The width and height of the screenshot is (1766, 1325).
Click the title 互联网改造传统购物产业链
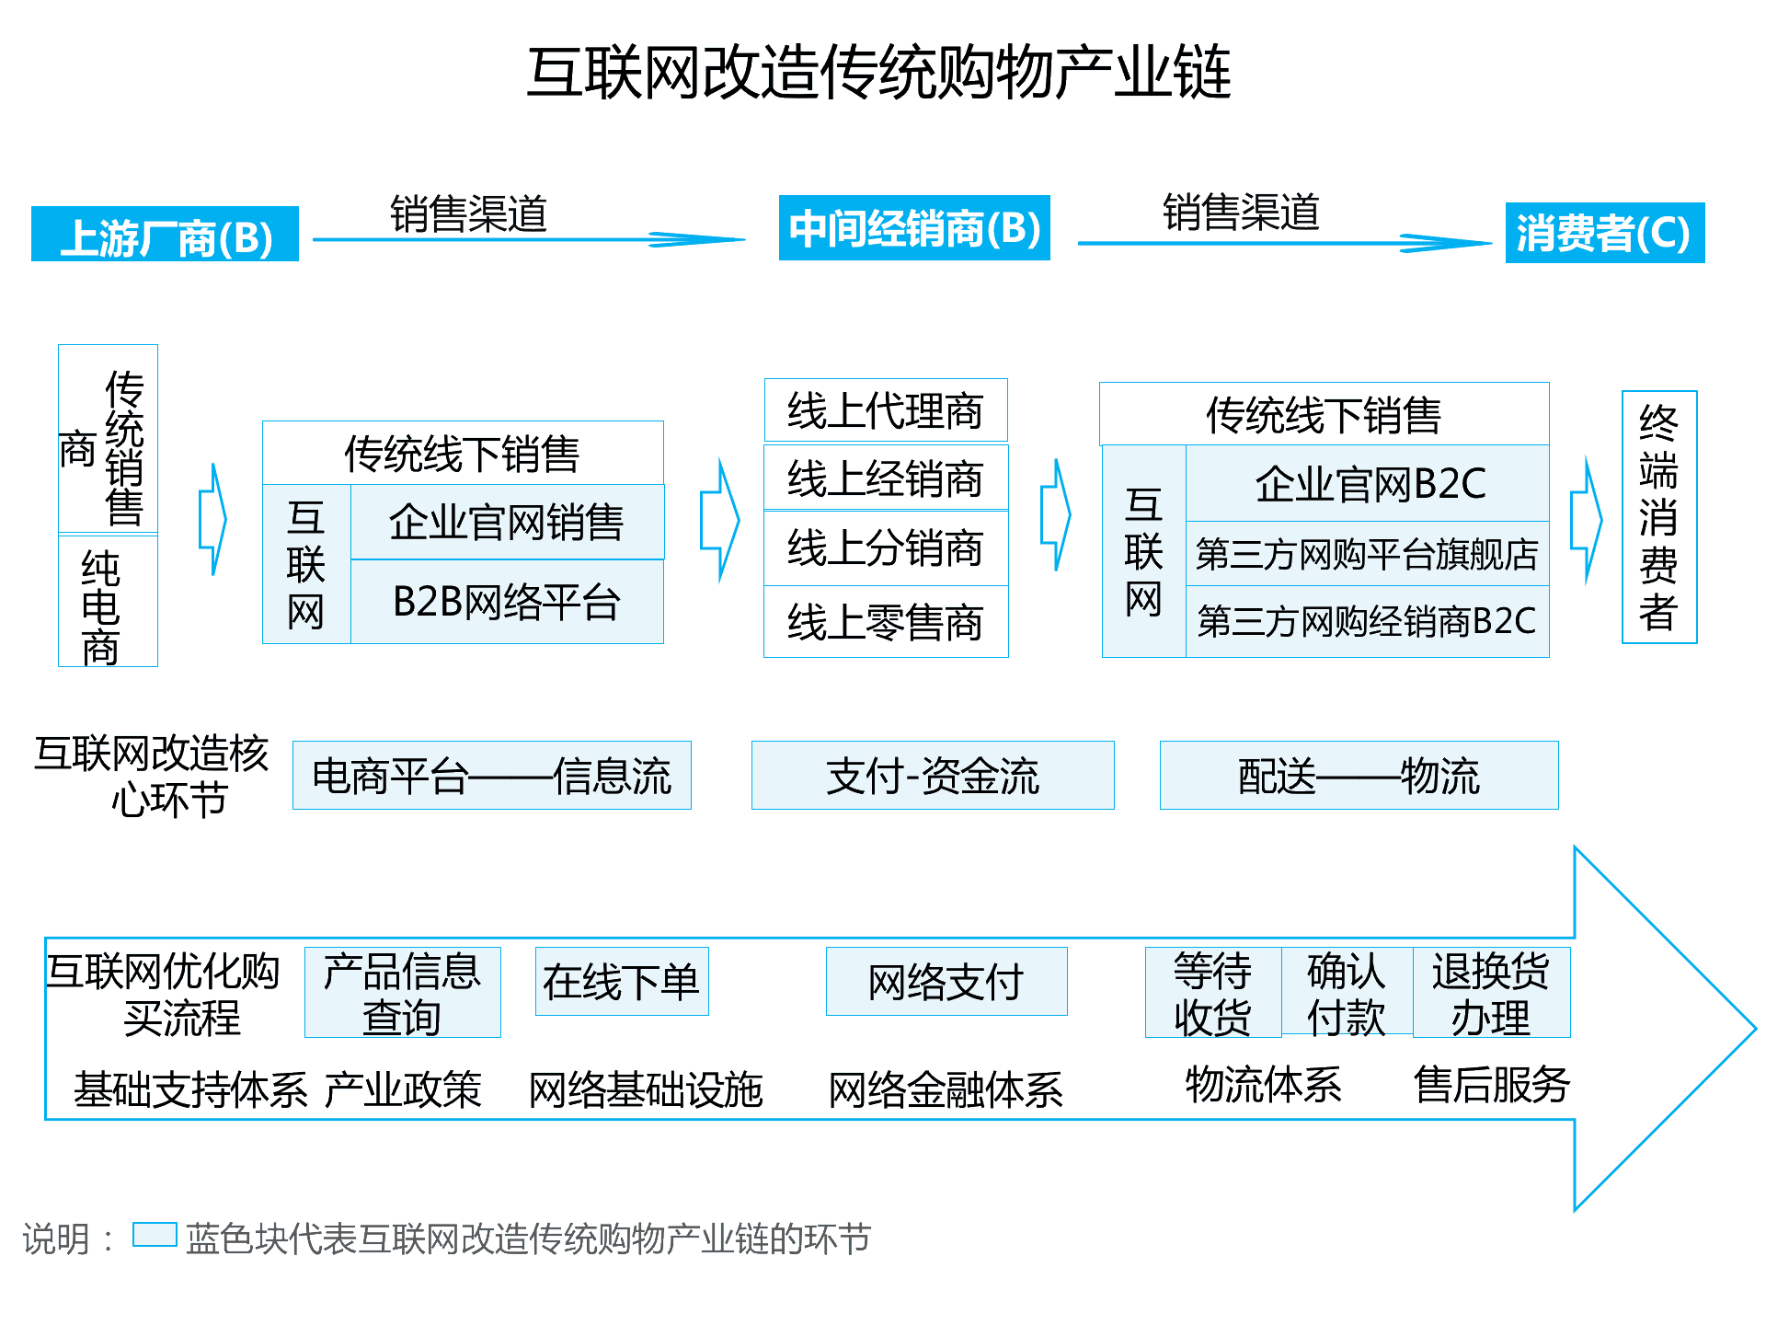pyautogui.click(x=878, y=73)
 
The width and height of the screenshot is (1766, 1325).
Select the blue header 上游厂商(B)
pyautogui.click(x=166, y=235)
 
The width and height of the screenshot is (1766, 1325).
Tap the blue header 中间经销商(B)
pyautogui.click(x=914, y=228)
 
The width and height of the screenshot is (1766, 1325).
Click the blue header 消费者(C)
pyautogui.click(x=1604, y=233)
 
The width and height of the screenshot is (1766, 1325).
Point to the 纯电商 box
pyautogui.click(x=107, y=603)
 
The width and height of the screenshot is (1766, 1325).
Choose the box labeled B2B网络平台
pyautogui.click(x=506, y=602)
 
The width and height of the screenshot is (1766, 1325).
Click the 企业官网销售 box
pyautogui.click(x=506, y=523)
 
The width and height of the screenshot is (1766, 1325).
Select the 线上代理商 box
pyautogui.click(x=885, y=410)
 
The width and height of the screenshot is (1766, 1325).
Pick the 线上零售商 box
pyautogui.click(x=885, y=622)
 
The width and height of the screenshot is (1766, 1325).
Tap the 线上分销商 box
pyautogui.click(x=885, y=548)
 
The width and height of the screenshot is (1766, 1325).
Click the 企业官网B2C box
pyautogui.click(x=1368, y=484)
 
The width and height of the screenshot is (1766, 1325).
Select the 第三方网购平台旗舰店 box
pyautogui.click(x=1368, y=554)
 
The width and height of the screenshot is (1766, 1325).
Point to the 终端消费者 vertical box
pyautogui.click(x=1658, y=517)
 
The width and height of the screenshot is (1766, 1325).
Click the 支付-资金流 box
pyautogui.click(x=932, y=776)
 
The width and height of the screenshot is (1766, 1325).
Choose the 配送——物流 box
pyautogui.click(x=1359, y=776)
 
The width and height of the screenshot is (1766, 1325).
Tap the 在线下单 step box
pyautogui.click(x=622, y=982)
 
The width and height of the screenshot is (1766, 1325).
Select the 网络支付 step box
pyautogui.click(x=946, y=982)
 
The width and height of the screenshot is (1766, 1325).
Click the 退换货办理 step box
pyautogui.click(x=1490, y=993)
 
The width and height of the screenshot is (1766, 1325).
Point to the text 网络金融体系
pyautogui.click(x=946, y=1090)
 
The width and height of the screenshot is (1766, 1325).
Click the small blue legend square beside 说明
pyautogui.click(x=155, y=1235)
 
